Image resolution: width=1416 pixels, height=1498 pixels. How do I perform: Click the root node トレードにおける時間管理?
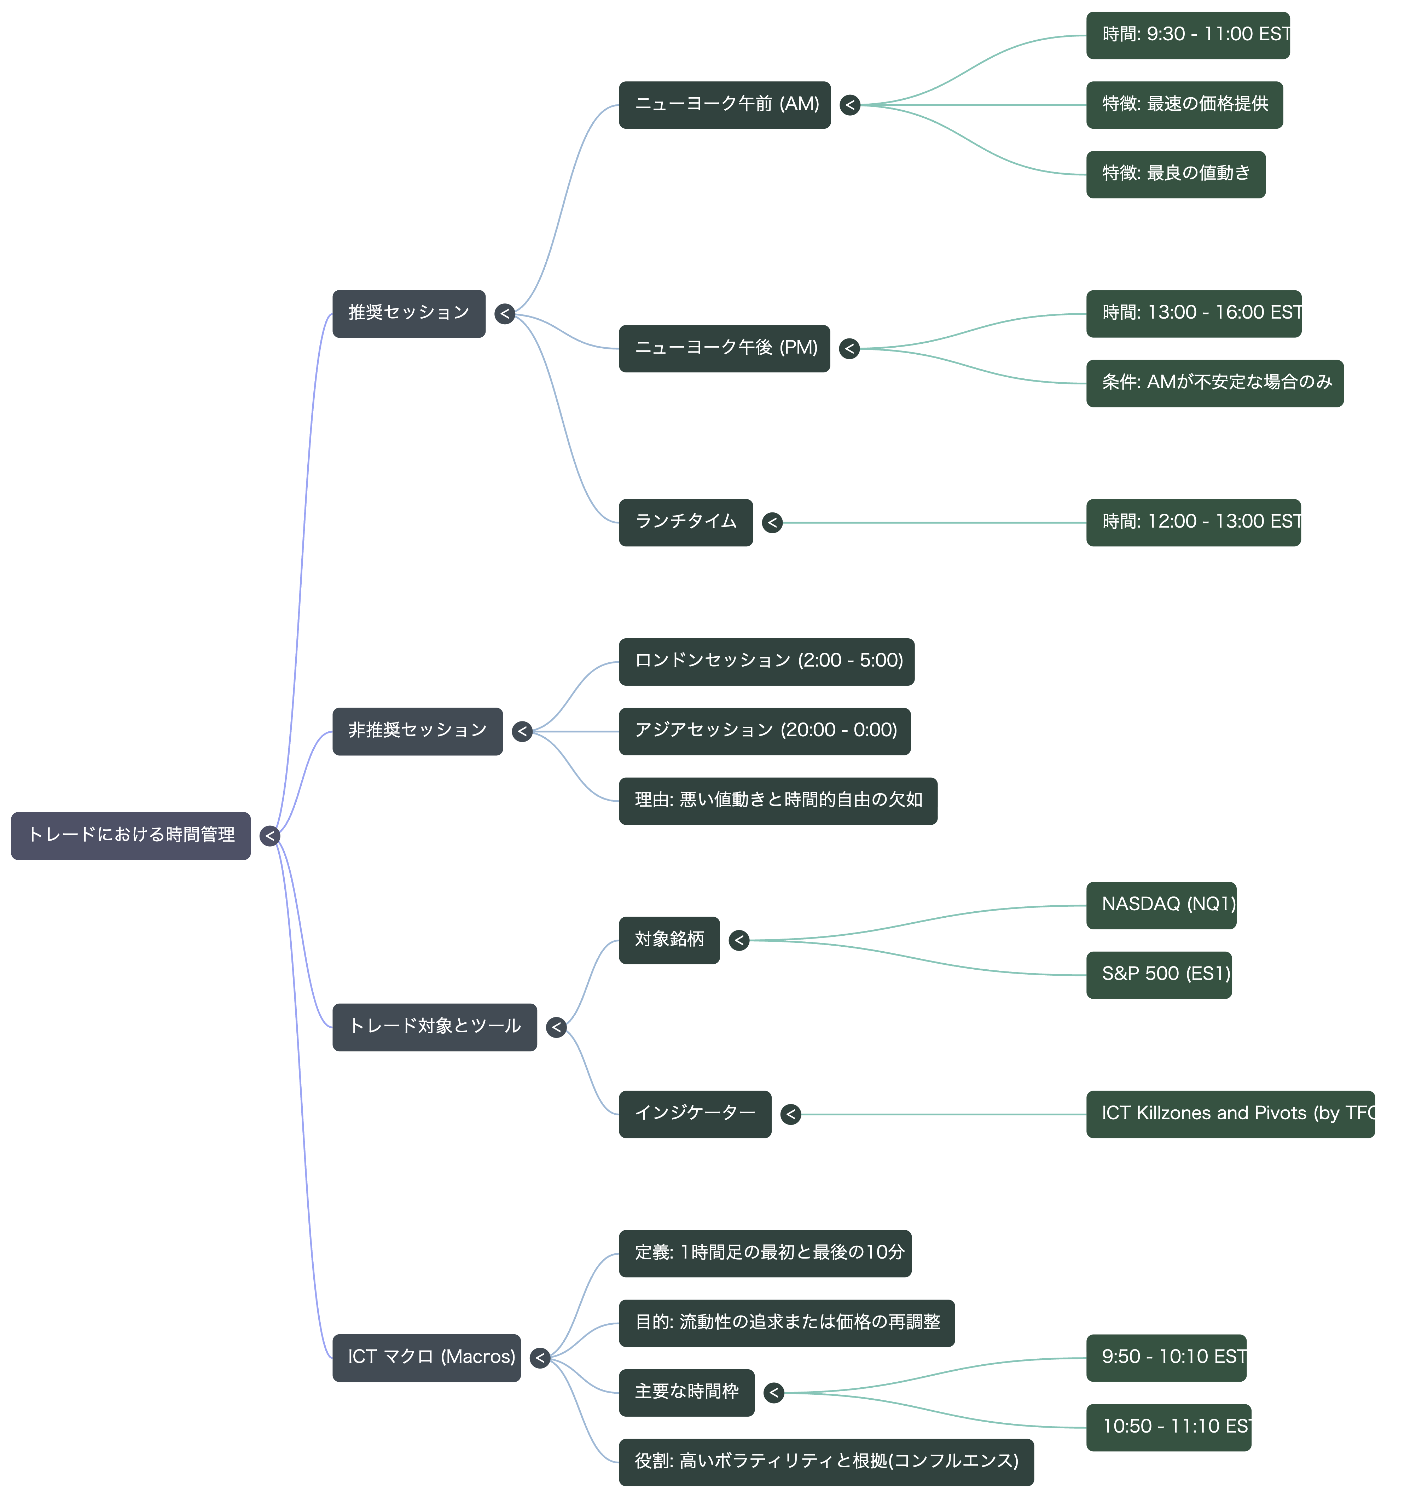(130, 835)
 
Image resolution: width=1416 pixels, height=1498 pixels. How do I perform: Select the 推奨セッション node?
(409, 313)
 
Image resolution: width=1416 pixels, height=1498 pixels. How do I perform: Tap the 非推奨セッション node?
(417, 731)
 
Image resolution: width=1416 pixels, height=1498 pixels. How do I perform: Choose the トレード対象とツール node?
(435, 1027)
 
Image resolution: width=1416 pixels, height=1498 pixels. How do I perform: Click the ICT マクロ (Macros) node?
(426, 1358)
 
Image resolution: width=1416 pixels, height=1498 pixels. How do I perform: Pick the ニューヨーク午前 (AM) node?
(725, 105)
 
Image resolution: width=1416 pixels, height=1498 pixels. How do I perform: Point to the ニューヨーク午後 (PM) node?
(725, 349)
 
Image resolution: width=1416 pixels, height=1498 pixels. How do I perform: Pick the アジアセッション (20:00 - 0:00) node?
(765, 731)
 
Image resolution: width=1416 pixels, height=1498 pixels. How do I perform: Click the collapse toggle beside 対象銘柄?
(739, 940)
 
